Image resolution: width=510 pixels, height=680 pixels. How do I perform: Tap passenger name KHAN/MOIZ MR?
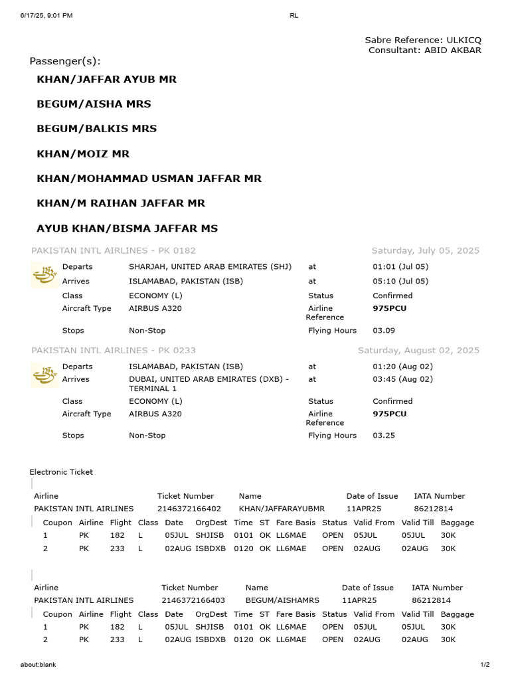pyautogui.click(x=83, y=153)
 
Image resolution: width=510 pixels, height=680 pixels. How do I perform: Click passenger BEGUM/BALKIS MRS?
pyautogui.click(x=96, y=128)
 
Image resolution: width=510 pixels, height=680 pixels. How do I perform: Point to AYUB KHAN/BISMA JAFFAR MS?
pyautogui.click(x=127, y=228)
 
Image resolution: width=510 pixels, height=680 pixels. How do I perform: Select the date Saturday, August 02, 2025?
pyautogui.click(x=418, y=350)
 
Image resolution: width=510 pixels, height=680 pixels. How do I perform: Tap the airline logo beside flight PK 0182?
pyautogui.click(x=44, y=274)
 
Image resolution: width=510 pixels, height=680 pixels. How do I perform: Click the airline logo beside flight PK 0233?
pyautogui.click(x=44, y=374)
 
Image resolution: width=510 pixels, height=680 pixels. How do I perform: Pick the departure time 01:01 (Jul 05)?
pyautogui.click(x=400, y=266)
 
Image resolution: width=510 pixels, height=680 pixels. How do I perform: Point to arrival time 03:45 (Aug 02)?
pyautogui.click(x=402, y=379)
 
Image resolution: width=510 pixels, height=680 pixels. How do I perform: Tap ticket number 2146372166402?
pyautogui.click(x=189, y=508)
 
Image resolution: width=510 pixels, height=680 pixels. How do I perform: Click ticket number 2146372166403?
pyautogui.click(x=193, y=600)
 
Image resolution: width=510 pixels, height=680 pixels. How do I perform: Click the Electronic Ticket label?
pyautogui.click(x=61, y=471)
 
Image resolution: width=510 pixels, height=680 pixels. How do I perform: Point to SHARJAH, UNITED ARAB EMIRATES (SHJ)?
pyautogui.click(x=210, y=266)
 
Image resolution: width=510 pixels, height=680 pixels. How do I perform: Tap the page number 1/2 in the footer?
pyautogui.click(x=485, y=665)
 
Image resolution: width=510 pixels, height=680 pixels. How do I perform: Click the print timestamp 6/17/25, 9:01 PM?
pyautogui.click(x=46, y=15)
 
